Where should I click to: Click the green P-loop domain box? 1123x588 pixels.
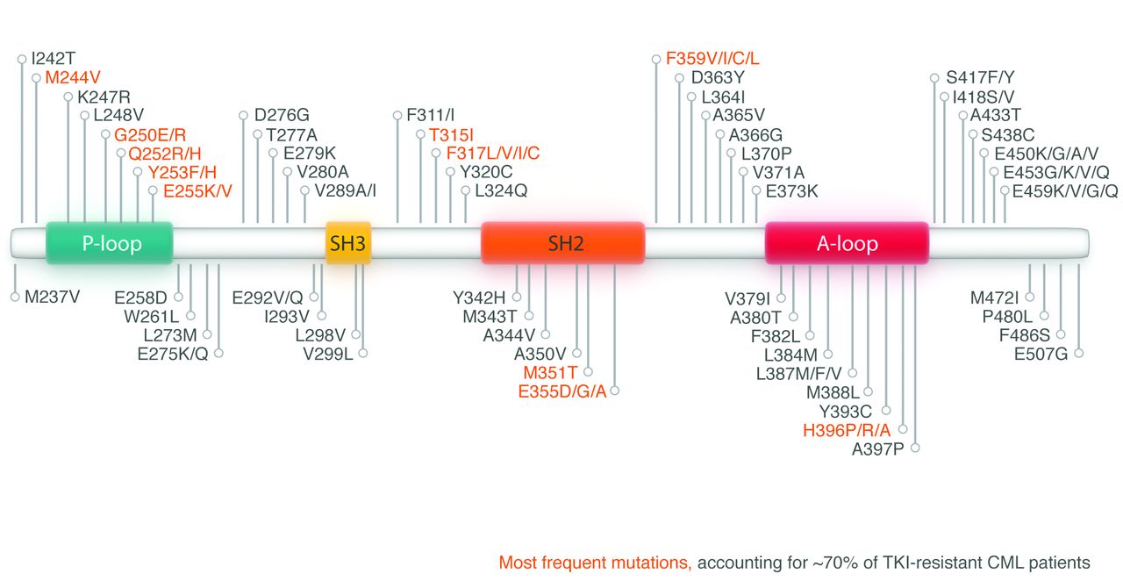tap(110, 243)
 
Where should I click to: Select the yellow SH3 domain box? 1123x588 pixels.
tap(348, 243)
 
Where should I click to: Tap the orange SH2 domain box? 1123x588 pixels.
tap(563, 243)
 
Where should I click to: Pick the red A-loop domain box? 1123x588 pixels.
tap(847, 243)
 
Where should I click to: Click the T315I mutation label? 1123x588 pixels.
tap(451, 134)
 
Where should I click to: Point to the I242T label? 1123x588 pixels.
tap(54, 60)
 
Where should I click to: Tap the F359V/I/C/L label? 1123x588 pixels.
tap(712, 59)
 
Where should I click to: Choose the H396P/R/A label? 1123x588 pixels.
tap(847, 430)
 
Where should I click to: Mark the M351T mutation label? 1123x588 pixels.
tap(551, 372)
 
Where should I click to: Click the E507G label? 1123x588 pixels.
tap(1041, 354)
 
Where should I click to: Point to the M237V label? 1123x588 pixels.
tap(52, 297)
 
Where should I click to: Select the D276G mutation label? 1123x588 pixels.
tap(282, 115)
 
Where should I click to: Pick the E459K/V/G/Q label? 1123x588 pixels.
tap(1065, 190)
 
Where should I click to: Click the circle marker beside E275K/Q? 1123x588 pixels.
tap(218, 354)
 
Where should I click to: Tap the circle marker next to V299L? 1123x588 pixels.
tap(363, 354)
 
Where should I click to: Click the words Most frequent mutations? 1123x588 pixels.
tap(595, 563)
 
